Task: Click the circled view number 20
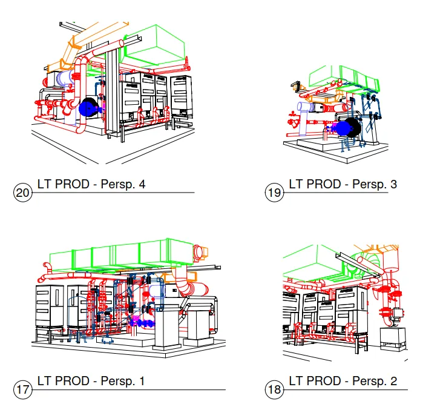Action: pos(22,193)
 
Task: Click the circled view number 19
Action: pos(274,193)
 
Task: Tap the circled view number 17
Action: pos(22,390)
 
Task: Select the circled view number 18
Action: pos(274,390)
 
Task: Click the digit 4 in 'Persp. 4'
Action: pos(142,184)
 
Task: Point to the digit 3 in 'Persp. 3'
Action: pos(393,184)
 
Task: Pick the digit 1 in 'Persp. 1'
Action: pos(142,382)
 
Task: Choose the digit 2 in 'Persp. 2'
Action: pos(393,382)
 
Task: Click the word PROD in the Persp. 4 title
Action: pos(72,184)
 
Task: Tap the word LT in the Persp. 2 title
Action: pos(295,382)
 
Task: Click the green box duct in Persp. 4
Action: pos(154,45)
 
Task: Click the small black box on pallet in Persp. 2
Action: pos(393,339)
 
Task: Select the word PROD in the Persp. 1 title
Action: pos(72,382)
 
